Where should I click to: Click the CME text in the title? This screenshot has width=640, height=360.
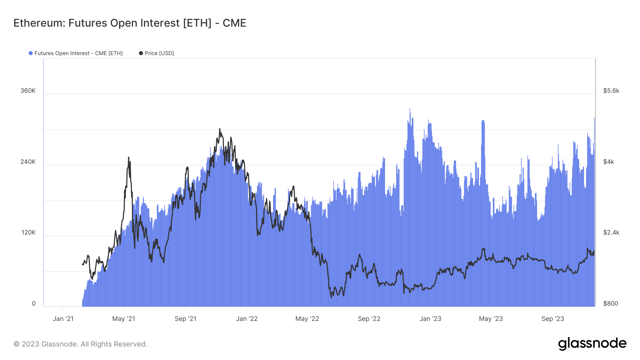pyautogui.click(x=234, y=23)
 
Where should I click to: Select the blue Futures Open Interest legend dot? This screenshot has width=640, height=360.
pyautogui.click(x=31, y=53)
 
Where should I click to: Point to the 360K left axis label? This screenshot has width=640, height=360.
pyautogui.click(x=28, y=91)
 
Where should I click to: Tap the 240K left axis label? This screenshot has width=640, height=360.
pyautogui.click(x=28, y=162)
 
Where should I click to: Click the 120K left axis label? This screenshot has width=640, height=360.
pyautogui.click(x=28, y=232)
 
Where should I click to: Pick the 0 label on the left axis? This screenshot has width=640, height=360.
pyautogui.click(x=34, y=303)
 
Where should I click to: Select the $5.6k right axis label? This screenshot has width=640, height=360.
pyautogui.click(x=611, y=91)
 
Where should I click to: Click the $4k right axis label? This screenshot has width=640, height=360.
pyautogui.click(x=608, y=162)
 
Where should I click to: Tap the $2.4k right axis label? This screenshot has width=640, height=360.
pyautogui.click(x=611, y=232)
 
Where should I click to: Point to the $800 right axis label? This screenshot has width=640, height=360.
pyautogui.click(x=610, y=303)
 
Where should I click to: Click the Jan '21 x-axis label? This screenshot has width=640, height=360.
pyautogui.click(x=63, y=319)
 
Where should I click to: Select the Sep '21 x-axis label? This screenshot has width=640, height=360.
pyautogui.click(x=185, y=319)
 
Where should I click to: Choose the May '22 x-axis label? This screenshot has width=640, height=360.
pyautogui.click(x=307, y=319)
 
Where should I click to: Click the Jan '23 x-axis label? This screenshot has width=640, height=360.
pyautogui.click(x=430, y=319)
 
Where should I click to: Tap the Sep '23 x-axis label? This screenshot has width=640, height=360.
pyautogui.click(x=553, y=319)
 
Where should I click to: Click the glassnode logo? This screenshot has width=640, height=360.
pyautogui.click(x=592, y=344)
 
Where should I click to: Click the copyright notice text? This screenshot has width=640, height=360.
pyautogui.click(x=80, y=344)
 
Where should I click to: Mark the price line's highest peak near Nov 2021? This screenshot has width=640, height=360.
pyautogui.click(x=220, y=129)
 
